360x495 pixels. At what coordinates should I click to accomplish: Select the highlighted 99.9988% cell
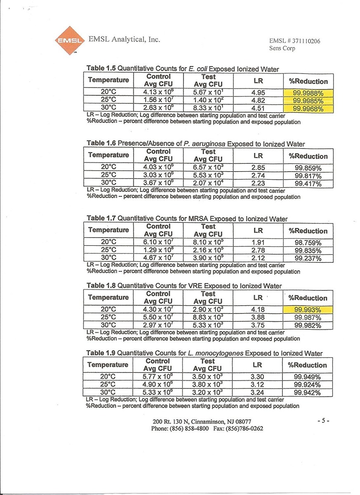[x=308, y=93]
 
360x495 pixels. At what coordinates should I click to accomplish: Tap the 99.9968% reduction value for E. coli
[x=308, y=109]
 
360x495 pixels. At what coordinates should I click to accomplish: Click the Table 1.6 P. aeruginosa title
[x=196, y=144]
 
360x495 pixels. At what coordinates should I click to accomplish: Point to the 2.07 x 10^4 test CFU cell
[x=208, y=183]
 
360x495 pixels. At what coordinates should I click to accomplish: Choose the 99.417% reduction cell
[x=308, y=184]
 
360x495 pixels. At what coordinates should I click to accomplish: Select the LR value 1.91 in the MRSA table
[x=258, y=243]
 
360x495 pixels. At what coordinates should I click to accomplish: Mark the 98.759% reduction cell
[x=308, y=243]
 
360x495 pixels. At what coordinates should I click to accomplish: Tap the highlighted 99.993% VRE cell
[x=308, y=310]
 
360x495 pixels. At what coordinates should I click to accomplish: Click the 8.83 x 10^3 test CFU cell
[x=208, y=318]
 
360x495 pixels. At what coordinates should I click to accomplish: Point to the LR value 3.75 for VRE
[x=258, y=325]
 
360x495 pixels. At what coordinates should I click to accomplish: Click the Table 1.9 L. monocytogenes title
[x=204, y=353]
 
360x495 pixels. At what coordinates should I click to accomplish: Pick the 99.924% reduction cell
[x=307, y=384]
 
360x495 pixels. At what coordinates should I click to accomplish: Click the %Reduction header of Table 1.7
[x=308, y=231]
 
